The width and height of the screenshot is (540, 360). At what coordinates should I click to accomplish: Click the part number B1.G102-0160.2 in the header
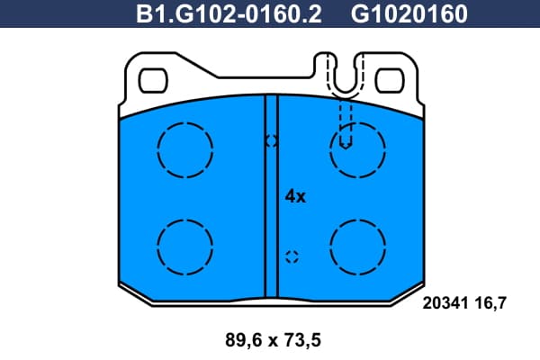coord(229,13)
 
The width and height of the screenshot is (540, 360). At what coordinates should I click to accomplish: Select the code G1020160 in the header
coord(409,13)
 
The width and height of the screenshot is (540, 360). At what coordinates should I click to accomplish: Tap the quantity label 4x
coord(295,196)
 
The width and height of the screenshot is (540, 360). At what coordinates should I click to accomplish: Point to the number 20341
coord(445,303)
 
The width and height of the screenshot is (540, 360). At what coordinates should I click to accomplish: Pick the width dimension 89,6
coord(244,340)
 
